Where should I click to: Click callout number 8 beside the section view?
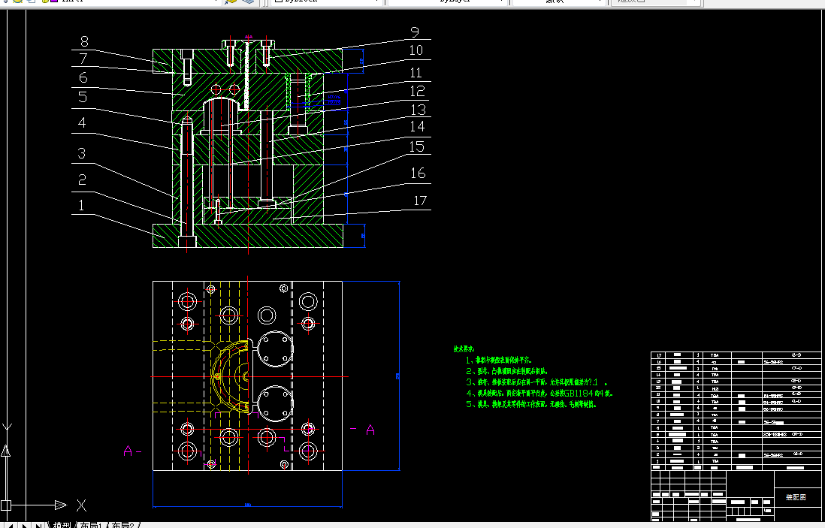(84, 42)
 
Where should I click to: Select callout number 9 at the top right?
(415, 32)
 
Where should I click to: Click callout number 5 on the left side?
(83, 97)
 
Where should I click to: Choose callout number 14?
(416, 127)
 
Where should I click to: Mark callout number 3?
(81, 154)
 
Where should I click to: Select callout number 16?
(417, 173)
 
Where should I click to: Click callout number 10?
(416, 50)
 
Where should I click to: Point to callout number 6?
(83, 77)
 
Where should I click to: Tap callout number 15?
(416, 147)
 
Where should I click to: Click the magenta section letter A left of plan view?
(128, 451)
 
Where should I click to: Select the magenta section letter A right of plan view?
(370, 430)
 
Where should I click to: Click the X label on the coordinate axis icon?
(81, 505)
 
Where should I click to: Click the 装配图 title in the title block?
(796, 497)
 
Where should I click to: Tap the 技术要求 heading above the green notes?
(464, 349)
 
